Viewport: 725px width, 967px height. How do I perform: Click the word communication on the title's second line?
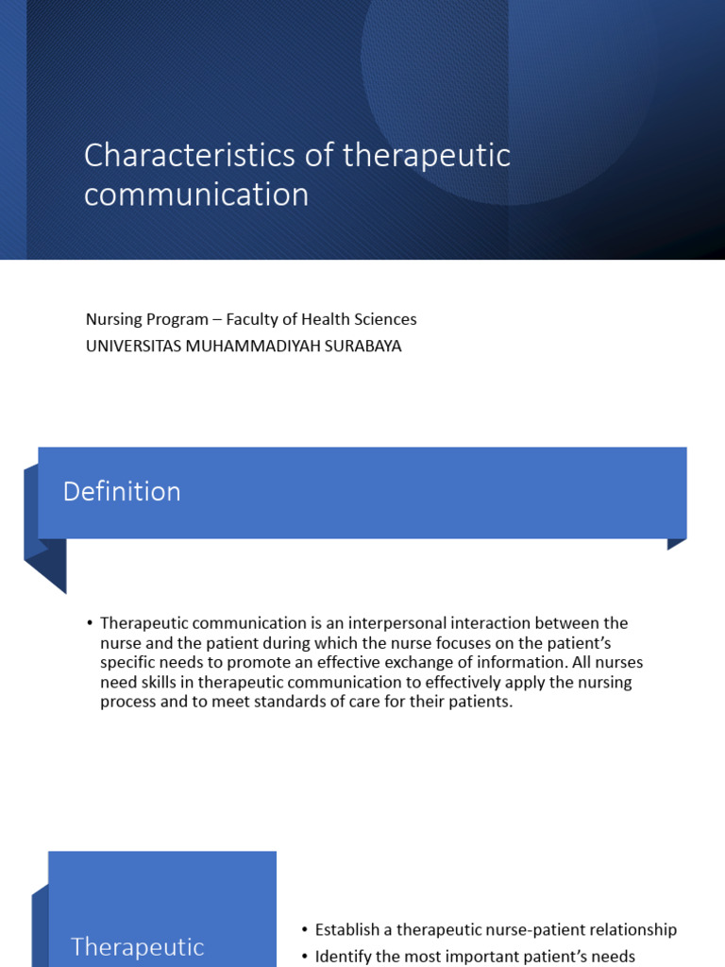(196, 195)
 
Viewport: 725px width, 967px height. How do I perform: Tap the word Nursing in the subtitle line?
(113, 319)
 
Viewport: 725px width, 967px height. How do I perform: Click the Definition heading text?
(122, 491)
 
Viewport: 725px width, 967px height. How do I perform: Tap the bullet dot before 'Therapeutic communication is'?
(90, 623)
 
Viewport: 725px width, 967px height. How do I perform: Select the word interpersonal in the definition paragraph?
(394, 623)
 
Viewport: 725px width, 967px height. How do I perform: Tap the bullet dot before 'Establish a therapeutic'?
(305, 930)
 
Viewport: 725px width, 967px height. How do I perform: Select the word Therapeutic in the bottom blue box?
(138, 947)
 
